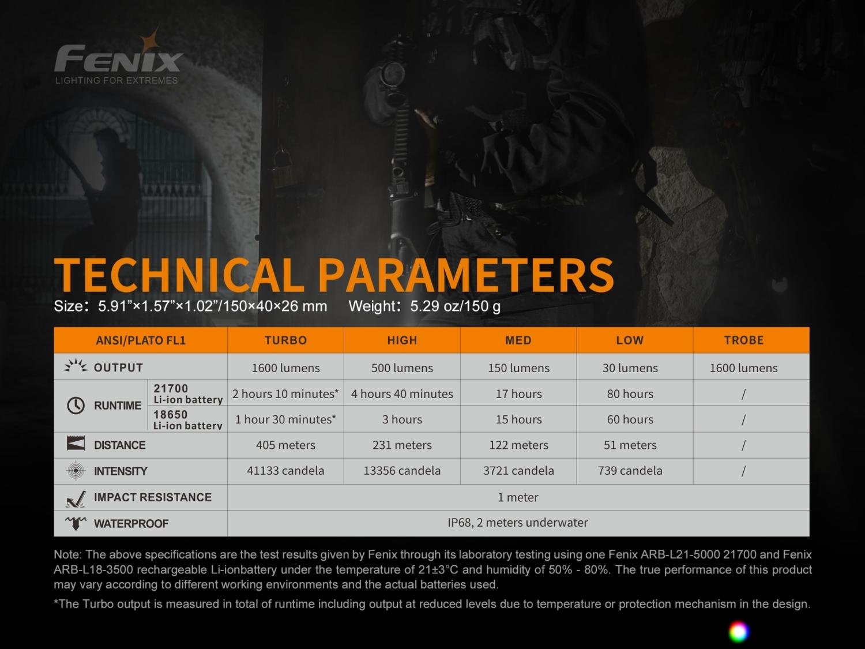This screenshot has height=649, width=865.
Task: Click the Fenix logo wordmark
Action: click(x=118, y=58)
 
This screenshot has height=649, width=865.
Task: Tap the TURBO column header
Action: click(x=285, y=340)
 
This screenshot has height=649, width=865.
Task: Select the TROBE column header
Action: click(x=744, y=340)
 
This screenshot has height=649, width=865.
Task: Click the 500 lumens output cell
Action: click(x=402, y=368)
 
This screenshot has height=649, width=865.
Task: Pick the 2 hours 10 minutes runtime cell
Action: click(x=285, y=393)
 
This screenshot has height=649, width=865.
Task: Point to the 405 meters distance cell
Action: click(x=285, y=445)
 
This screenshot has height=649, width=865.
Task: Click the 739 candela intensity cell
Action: click(x=630, y=471)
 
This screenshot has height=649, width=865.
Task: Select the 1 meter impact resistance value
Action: click(x=518, y=497)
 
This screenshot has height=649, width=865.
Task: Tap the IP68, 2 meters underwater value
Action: click(x=518, y=523)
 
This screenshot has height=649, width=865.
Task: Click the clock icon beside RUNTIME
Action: click(x=76, y=406)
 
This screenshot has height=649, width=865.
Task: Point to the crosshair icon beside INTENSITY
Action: click(x=76, y=471)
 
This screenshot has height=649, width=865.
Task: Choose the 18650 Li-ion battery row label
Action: click(x=187, y=419)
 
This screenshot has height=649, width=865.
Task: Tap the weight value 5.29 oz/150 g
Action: click(x=455, y=306)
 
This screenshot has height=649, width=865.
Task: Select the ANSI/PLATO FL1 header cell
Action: click(x=141, y=340)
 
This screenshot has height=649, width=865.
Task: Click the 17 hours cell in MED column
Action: click(x=518, y=393)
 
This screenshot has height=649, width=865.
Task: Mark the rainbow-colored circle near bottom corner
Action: click(x=738, y=632)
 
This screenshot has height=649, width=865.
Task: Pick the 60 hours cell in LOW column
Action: click(x=630, y=419)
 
